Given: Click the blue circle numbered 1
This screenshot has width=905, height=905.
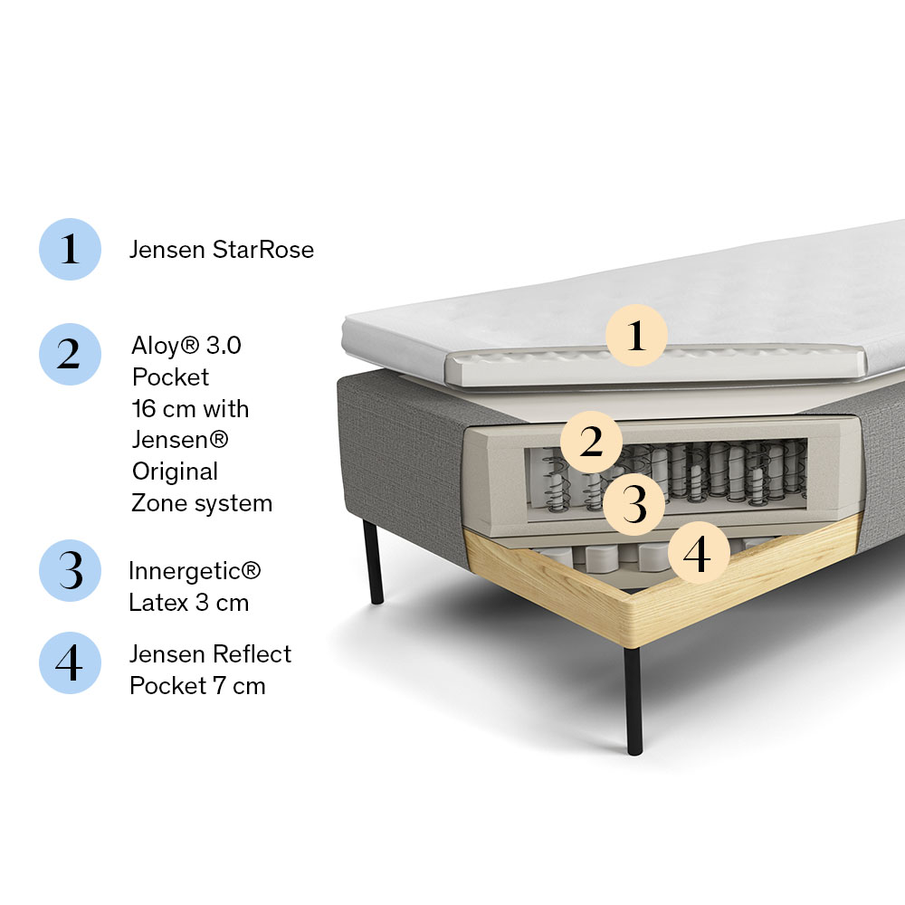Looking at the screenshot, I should point(70,249).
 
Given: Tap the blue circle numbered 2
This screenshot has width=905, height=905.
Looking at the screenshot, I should point(70,354).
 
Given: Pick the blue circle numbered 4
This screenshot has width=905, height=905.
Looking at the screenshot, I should point(70,663).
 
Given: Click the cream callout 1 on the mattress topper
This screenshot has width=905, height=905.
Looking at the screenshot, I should point(636,336).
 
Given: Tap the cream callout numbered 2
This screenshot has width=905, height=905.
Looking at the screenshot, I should point(591,443).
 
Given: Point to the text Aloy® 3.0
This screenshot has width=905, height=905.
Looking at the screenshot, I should point(186,346).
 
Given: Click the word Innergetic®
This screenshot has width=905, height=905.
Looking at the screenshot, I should point(195,571).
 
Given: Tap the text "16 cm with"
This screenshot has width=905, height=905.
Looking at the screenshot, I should point(190,409).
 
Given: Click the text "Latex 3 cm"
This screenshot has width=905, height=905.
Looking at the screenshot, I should point(188,603).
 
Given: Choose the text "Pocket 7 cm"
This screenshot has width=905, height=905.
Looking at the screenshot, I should point(197,686).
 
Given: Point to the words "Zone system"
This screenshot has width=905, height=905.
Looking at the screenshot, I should point(202,503).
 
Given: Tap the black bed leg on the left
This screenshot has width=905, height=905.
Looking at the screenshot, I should point(373,561).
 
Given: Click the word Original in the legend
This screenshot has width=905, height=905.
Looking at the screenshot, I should point(175,472).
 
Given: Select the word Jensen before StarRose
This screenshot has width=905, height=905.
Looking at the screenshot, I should point(167,250).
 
